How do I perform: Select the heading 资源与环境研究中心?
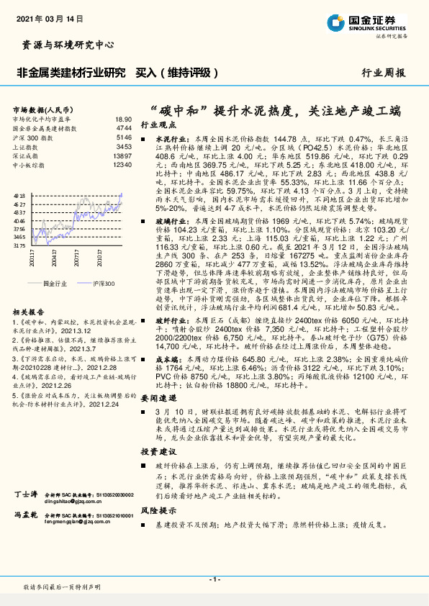click(64, 45)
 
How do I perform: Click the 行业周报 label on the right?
click(383, 73)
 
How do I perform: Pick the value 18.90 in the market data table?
click(123, 119)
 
